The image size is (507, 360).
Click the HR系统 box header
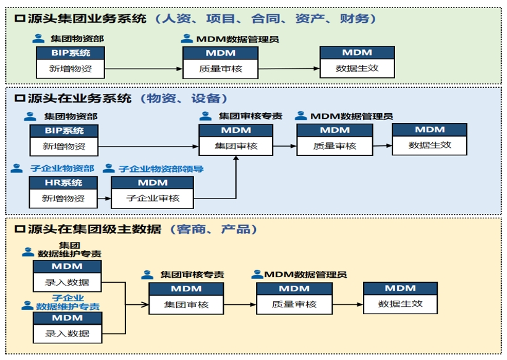pos(64,183)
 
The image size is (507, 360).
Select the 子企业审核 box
pos(152,199)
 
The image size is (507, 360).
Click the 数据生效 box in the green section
pos(357,68)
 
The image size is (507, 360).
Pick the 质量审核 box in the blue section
pos(334,146)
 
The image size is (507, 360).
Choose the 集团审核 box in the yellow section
pos(186,304)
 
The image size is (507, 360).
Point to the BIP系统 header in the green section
pos(70,53)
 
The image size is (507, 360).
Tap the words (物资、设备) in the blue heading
pos(184,98)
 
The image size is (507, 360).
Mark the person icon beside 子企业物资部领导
pos(109,168)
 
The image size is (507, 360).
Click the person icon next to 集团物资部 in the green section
pos(38,38)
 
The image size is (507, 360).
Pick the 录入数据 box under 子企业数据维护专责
pos(67,333)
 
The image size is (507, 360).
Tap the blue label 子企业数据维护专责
pos(67,302)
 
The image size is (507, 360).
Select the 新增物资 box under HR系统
pos(64,199)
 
